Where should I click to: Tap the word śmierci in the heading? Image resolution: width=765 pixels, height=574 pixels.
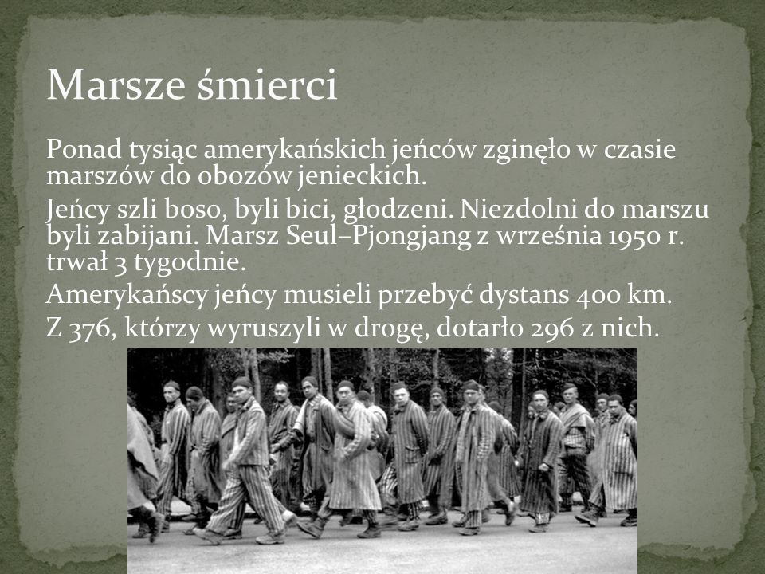coord(268,84)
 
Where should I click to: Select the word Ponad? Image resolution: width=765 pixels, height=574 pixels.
coord(84,149)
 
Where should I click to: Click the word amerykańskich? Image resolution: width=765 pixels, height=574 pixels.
coord(294,150)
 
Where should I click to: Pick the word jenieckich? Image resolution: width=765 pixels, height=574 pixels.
coord(363,176)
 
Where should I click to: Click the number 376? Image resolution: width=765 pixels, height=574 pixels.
coord(92,328)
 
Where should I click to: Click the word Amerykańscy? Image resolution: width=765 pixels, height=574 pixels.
coord(127,296)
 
